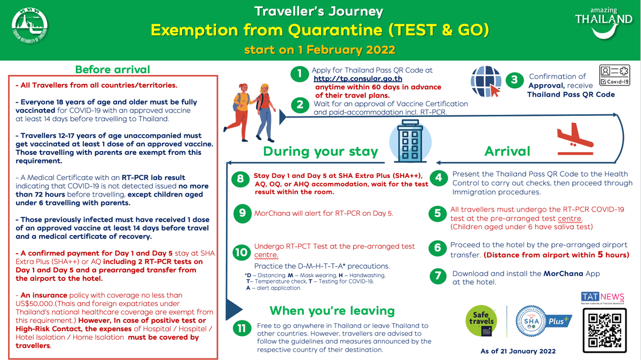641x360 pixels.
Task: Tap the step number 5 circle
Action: [437, 214]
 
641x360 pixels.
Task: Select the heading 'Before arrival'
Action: [113, 69]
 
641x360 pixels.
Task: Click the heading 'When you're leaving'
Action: [332, 311]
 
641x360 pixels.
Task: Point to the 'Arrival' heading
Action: [507, 151]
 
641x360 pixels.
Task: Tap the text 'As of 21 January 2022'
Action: [518, 351]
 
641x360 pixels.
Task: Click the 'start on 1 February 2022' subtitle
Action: [319, 50]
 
